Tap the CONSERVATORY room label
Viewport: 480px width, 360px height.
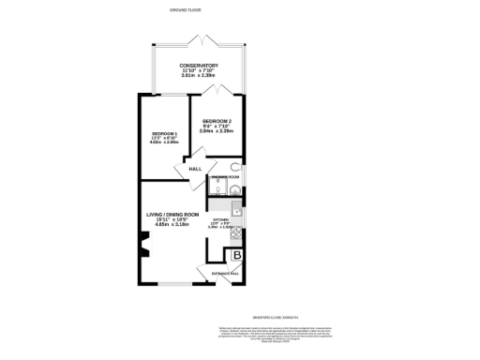click(x=199, y=66)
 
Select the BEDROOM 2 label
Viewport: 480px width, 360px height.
click(x=217, y=121)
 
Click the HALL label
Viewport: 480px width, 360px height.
click(x=195, y=169)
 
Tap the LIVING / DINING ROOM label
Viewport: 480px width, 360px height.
click(x=172, y=215)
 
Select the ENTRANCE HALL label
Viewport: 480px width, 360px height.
click(x=225, y=274)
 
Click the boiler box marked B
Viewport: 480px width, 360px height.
click(x=237, y=255)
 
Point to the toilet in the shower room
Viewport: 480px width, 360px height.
click(x=235, y=169)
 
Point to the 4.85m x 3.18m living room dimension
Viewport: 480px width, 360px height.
click(x=172, y=226)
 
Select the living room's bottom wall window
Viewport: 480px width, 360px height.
click(x=172, y=282)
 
